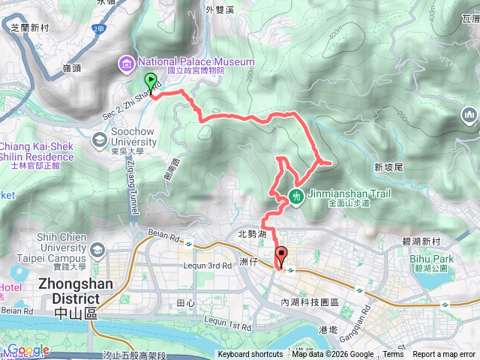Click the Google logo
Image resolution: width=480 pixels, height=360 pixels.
tap(28, 350)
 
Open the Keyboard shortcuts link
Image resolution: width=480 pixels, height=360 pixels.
tap(250, 355)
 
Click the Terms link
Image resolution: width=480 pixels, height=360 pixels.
tap(393, 355)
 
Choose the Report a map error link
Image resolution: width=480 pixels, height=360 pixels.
tap(445, 355)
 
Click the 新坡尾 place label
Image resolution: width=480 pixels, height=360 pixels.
tap(388, 166)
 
